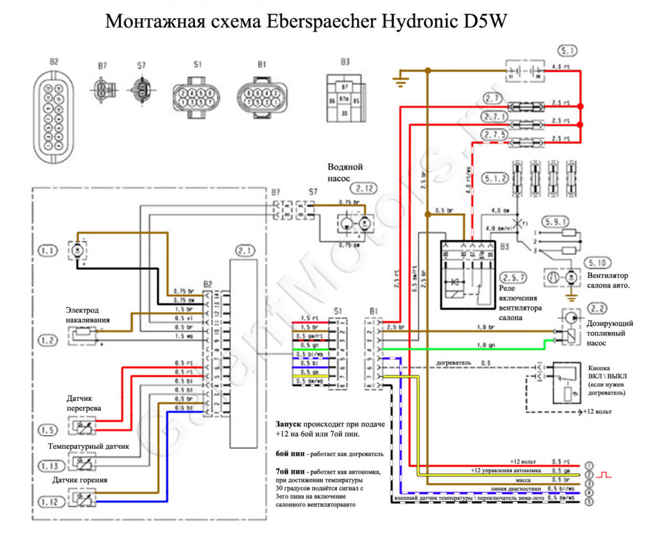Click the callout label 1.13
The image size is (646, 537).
[x=54, y=465]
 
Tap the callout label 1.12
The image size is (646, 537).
[x=54, y=502]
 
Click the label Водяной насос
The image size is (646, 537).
[x=345, y=173]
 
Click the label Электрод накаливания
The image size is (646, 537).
[x=88, y=315]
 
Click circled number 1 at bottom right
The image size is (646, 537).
[x=589, y=465]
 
